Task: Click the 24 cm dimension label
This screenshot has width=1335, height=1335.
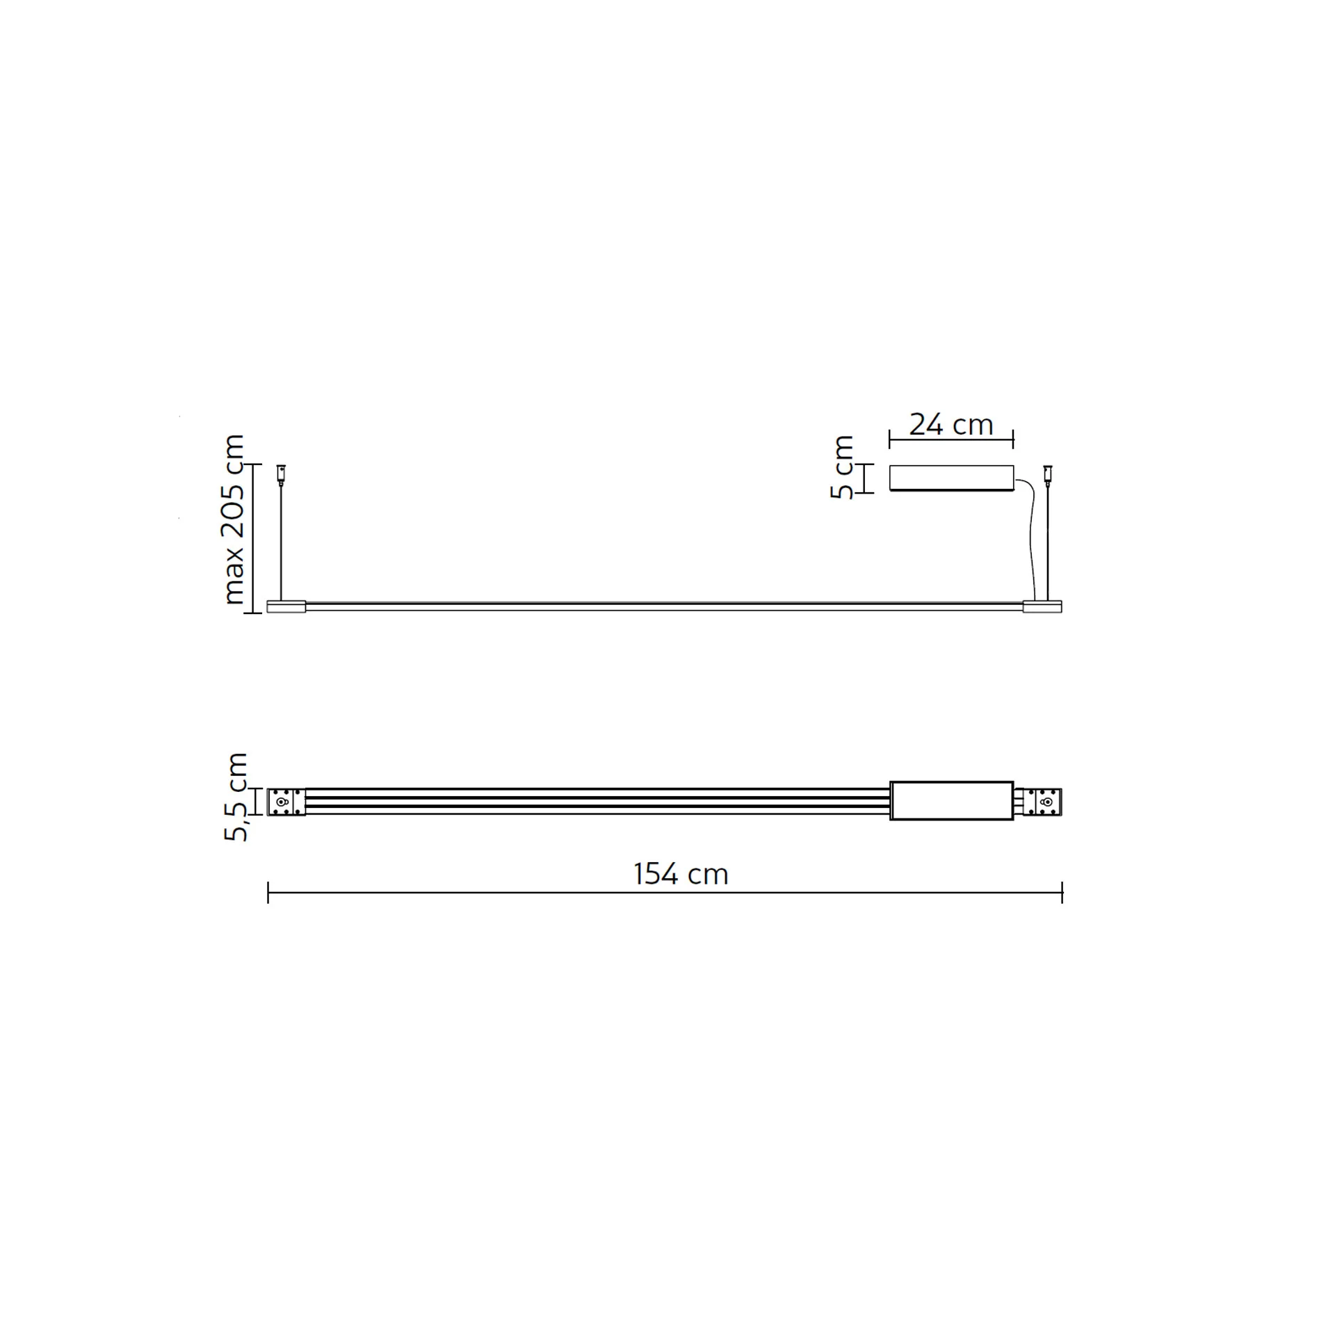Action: point(950,425)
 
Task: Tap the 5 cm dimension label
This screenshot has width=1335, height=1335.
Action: point(842,467)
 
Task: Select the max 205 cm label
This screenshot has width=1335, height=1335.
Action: point(233,519)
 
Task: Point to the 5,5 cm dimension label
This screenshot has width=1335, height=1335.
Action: point(236,797)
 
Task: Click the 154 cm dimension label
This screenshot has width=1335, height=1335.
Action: point(681,874)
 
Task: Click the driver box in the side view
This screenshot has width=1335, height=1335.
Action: point(951,478)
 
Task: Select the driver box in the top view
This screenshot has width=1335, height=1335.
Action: point(951,800)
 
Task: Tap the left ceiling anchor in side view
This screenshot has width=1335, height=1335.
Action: point(281,473)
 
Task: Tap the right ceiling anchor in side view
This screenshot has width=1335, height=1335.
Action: point(1047,473)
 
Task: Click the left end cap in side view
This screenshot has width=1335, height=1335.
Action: point(286,606)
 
